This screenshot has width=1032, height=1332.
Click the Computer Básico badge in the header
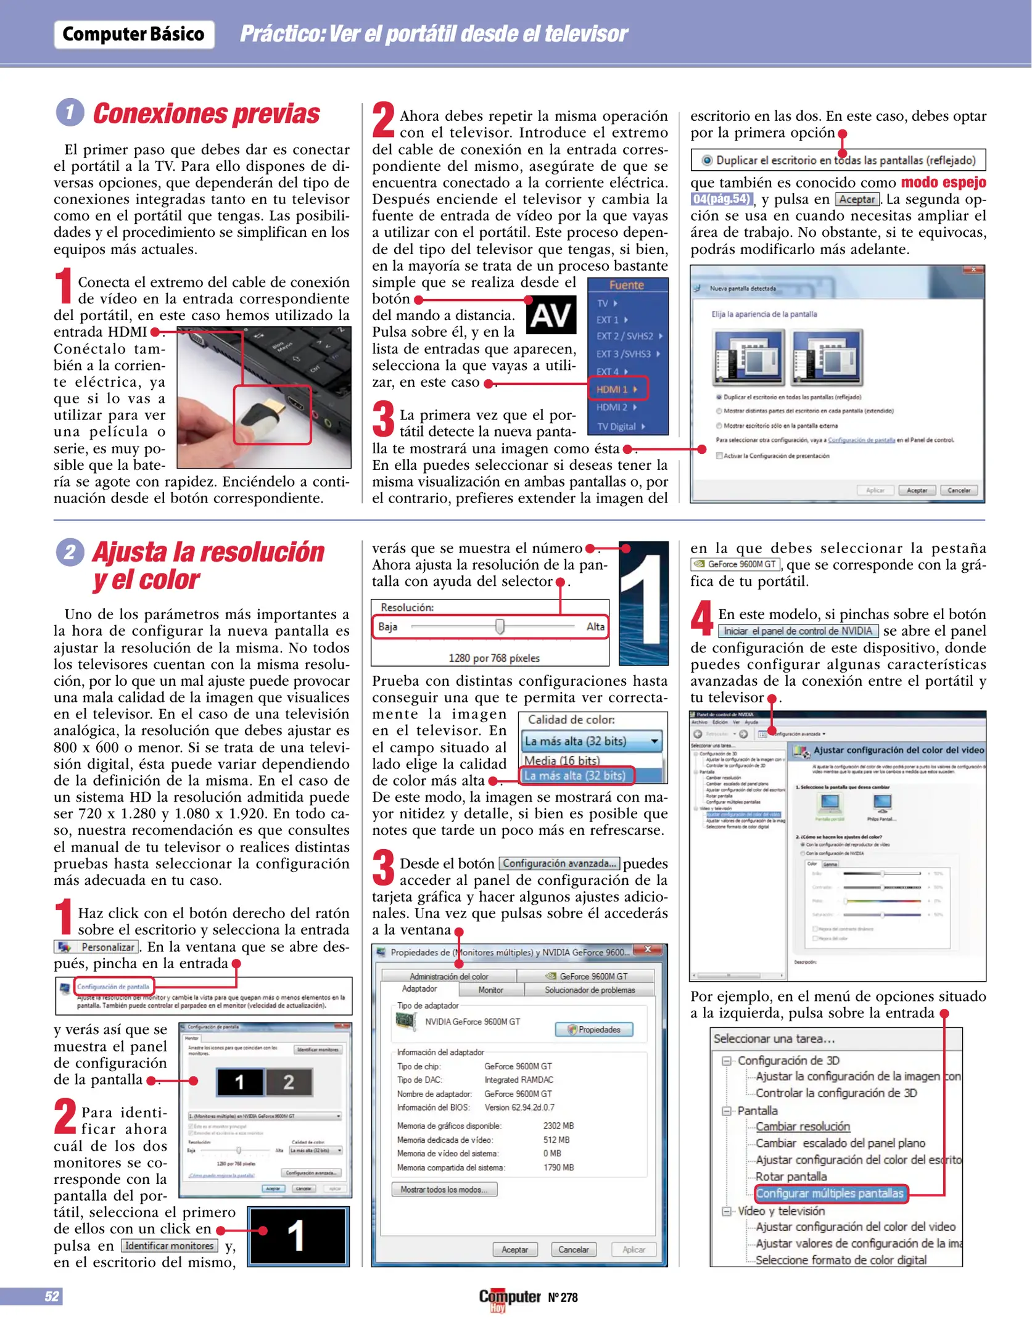(x=134, y=34)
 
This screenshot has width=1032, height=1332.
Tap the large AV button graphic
(x=551, y=314)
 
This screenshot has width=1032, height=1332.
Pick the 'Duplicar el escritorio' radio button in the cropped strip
(x=708, y=160)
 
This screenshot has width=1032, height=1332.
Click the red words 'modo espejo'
(x=943, y=183)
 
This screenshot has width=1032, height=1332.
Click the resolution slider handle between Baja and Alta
(x=500, y=627)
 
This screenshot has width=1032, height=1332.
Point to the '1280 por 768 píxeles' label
(x=493, y=658)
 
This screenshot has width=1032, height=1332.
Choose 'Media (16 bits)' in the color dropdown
(x=562, y=760)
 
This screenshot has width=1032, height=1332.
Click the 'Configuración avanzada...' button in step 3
(x=559, y=863)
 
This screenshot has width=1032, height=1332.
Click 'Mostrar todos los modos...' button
(x=444, y=1189)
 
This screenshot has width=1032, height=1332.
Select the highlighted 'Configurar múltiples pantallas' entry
(x=829, y=1193)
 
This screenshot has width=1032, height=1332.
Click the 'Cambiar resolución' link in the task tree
(x=803, y=1126)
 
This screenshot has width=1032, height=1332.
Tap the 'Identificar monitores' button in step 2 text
(x=170, y=1245)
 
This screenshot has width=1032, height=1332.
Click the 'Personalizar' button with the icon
(x=97, y=947)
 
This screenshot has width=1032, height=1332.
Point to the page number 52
(x=52, y=1296)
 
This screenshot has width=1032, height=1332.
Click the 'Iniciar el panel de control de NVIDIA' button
(x=798, y=631)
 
